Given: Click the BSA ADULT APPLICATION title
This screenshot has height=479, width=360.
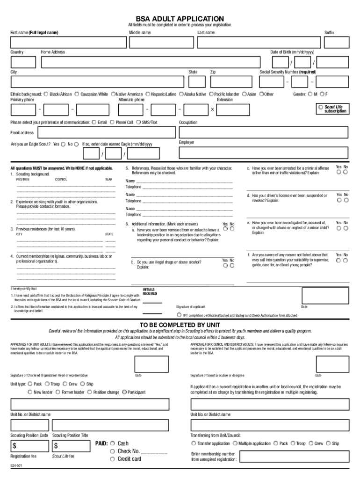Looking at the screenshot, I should [180, 18].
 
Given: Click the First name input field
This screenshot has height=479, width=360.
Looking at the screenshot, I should [69, 43].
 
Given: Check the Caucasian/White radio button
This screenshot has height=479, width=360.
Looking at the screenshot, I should [77, 94].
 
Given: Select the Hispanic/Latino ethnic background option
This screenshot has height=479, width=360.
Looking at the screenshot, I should [148, 94].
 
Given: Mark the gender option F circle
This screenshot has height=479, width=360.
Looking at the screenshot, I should [322, 94].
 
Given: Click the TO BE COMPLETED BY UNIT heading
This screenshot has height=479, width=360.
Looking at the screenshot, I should [180, 325].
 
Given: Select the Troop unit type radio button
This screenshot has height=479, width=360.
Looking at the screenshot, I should [47, 384].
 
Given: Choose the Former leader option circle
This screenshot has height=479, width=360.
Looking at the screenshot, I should [58, 392].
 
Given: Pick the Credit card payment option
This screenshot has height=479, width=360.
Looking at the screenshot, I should [112, 459].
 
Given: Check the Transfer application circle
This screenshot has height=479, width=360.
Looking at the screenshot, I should [194, 443].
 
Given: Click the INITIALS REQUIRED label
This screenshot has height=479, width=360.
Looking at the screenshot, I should [149, 291].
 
